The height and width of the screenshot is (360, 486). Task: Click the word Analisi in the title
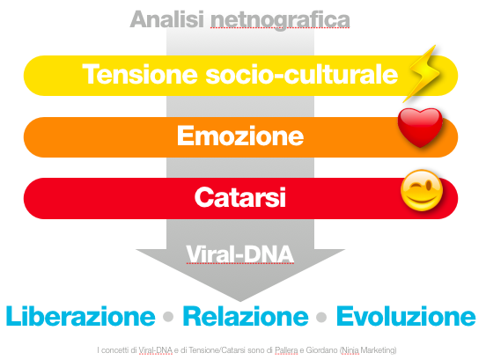coord(167,19)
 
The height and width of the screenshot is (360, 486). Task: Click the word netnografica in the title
coord(280,21)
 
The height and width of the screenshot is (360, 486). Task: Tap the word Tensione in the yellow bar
coord(140,74)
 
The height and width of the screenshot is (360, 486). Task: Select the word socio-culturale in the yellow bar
coord(302,74)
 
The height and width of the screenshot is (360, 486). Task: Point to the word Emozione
coord(240,136)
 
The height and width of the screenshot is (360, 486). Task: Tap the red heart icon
coord(420,127)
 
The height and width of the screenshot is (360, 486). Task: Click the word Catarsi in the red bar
coord(240,197)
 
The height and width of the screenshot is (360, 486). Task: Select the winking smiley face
coord(422,190)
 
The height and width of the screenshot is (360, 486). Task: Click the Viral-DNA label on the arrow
coord(239,254)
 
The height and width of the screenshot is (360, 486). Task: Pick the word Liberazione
coord(81,316)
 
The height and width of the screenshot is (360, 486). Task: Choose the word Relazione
coord(246,316)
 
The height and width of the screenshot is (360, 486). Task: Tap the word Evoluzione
coord(406,316)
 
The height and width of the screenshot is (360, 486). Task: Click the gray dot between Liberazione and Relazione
coord(168,317)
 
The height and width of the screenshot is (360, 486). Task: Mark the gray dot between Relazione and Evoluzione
coord(321,317)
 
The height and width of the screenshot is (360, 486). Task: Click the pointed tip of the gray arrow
coord(240,301)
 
